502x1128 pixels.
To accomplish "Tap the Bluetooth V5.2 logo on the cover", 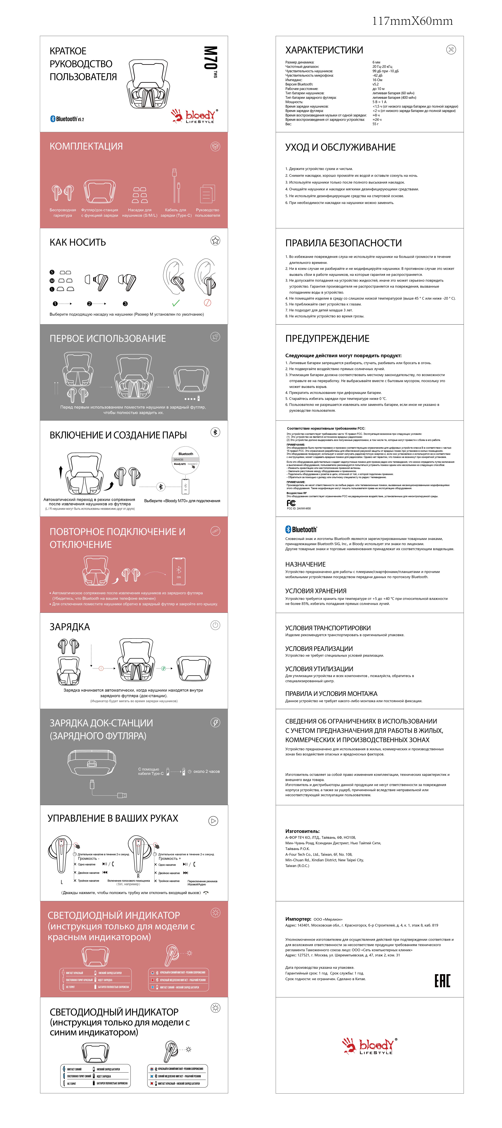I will (67, 119).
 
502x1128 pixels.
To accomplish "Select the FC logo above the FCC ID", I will (291, 503).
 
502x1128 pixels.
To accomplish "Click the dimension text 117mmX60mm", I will (412, 21).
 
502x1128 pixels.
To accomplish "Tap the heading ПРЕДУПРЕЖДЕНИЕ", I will (327, 338).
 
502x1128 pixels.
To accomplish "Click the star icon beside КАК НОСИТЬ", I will (215, 240).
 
